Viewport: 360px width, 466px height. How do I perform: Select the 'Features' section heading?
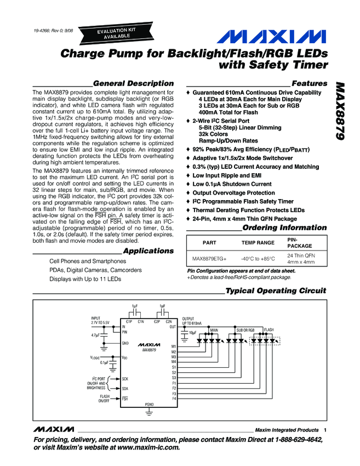310,83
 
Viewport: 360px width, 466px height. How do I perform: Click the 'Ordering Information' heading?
284,228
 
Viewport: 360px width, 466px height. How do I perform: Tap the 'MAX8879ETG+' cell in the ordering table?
209,258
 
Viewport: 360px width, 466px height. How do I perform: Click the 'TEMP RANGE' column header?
258,242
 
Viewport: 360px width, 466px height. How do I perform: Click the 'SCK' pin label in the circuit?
125,379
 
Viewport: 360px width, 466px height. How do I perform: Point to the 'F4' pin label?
174,399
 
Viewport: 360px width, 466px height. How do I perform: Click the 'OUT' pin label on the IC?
173,327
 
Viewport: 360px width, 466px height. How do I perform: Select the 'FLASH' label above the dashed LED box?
269,330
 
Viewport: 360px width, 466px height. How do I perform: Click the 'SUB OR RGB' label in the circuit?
245,330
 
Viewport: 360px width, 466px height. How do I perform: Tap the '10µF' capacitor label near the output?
192,333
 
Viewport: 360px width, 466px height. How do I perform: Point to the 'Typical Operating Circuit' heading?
276,291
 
